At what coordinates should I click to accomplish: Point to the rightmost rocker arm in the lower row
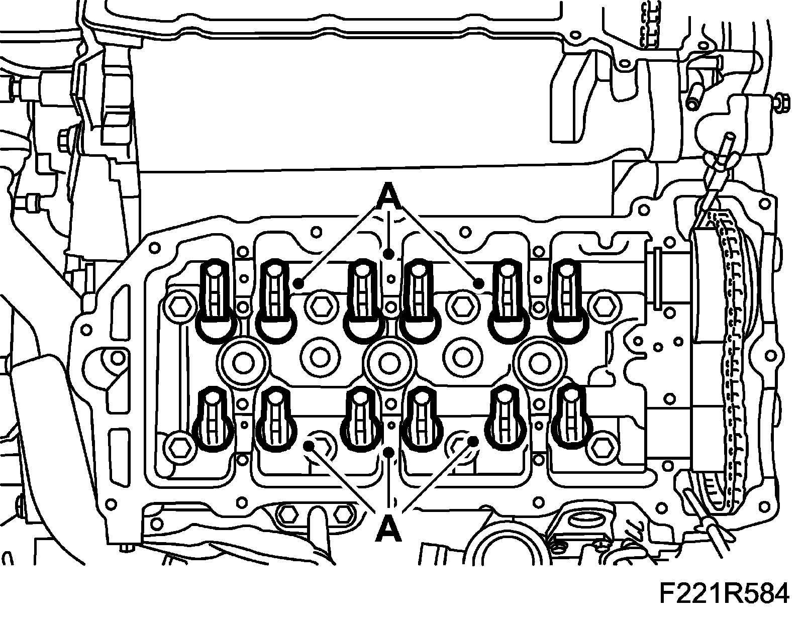tap(572, 414)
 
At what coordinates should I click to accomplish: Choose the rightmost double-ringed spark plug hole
tap(537, 360)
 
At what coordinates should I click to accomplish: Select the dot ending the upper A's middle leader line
tap(389, 254)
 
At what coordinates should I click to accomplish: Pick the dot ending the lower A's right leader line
tap(473, 441)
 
